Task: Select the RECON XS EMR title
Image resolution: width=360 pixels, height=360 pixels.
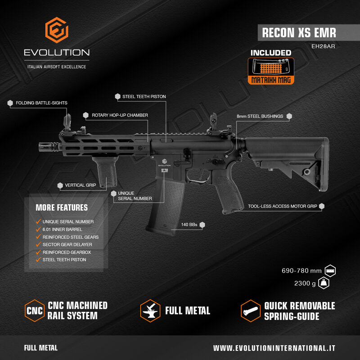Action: [x=299, y=32]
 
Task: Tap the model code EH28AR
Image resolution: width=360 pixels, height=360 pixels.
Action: [x=324, y=46]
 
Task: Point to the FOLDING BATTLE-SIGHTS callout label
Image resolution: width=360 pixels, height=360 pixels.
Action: [x=41, y=103]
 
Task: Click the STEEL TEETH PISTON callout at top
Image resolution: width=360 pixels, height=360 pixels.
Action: [x=144, y=96]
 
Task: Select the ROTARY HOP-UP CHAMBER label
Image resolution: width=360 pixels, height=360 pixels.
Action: [x=120, y=115]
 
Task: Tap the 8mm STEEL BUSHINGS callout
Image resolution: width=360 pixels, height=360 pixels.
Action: [x=260, y=116]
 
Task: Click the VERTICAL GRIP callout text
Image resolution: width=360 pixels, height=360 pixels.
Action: [x=81, y=185]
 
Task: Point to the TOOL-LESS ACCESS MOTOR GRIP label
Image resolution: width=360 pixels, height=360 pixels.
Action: [x=283, y=207]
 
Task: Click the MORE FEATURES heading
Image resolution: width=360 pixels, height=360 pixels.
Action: [x=62, y=208]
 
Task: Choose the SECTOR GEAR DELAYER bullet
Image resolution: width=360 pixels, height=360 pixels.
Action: [x=67, y=244]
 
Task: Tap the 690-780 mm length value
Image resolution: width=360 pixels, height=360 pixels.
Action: [x=301, y=270]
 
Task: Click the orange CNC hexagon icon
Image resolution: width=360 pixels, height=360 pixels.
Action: [x=35, y=310]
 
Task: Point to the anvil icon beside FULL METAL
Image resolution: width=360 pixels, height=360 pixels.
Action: [x=150, y=310]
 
